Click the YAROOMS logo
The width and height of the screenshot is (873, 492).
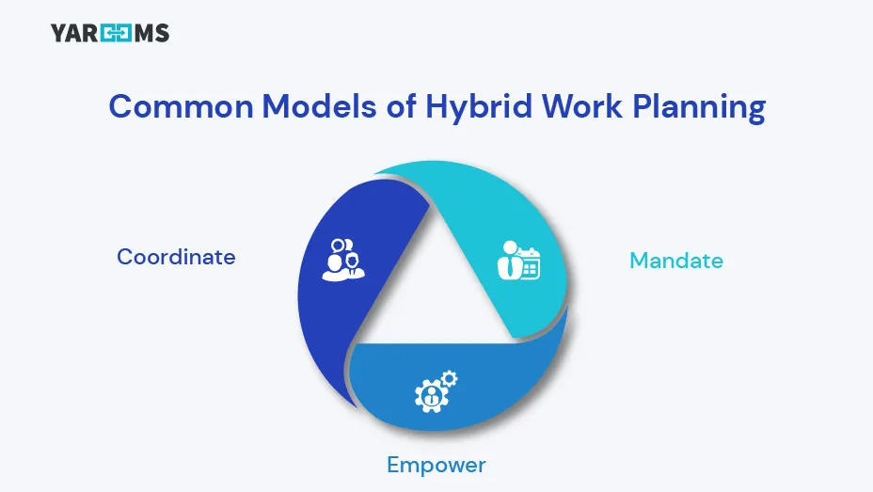click(109, 34)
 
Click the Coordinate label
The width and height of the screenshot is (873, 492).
click(176, 257)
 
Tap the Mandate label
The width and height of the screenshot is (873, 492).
click(676, 261)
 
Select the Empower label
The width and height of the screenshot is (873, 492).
click(436, 465)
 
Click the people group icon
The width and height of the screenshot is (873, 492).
click(342, 259)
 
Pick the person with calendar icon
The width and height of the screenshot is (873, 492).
click(518, 262)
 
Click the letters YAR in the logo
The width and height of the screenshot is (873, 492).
click(73, 34)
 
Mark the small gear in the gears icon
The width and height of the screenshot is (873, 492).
click(450, 378)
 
